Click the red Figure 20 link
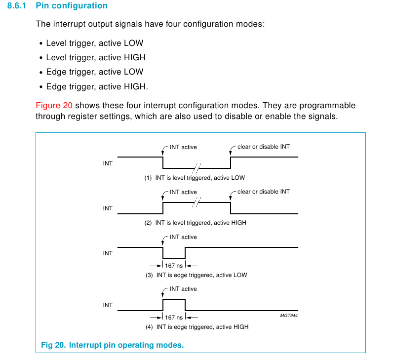click(x=54, y=106)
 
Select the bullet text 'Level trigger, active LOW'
click(x=95, y=43)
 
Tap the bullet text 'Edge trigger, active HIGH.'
click(x=97, y=86)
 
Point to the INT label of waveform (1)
click(x=108, y=163)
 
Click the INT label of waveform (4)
click(x=108, y=305)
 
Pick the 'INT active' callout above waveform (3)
click(x=183, y=237)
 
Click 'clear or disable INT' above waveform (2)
click(x=264, y=192)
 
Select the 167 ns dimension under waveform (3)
click(x=174, y=266)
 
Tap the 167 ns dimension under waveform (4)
click(x=174, y=318)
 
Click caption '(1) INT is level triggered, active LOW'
click(x=195, y=178)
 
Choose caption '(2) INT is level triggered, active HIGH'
click(x=195, y=223)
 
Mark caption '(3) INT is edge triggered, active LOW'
click(x=196, y=275)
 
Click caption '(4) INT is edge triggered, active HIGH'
click(x=196, y=327)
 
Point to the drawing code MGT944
click(x=289, y=315)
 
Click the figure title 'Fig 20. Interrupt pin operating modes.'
click(x=112, y=345)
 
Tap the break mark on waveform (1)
click(x=197, y=167)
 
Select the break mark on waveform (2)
click(x=197, y=202)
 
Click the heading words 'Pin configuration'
click(x=72, y=6)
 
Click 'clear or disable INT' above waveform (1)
click(x=264, y=147)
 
